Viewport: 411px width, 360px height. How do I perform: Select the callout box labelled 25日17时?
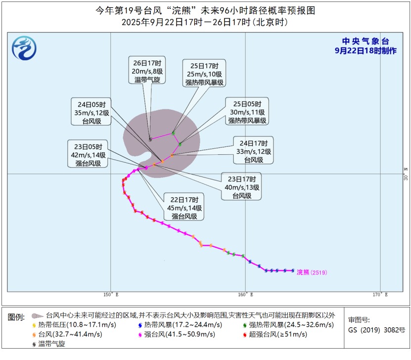(205, 73)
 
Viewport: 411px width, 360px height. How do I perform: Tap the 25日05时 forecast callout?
(247, 112)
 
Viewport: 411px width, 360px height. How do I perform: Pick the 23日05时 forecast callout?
(88, 155)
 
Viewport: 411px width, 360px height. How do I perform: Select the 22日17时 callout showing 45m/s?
(184, 208)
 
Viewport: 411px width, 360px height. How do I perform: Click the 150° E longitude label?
(110, 295)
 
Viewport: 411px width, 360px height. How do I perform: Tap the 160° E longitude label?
(245, 295)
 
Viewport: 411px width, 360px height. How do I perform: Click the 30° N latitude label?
(405, 174)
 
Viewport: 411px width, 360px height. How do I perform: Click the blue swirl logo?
(24, 47)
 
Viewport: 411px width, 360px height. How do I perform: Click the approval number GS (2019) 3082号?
(376, 330)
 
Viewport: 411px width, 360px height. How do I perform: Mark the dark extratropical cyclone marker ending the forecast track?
(150, 139)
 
